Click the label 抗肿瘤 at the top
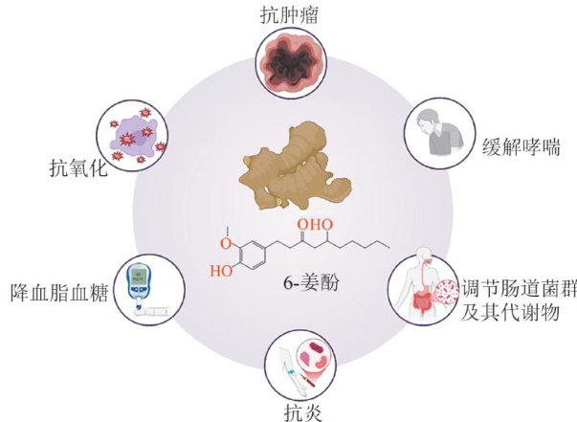288,15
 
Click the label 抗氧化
78,170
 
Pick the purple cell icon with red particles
131,134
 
